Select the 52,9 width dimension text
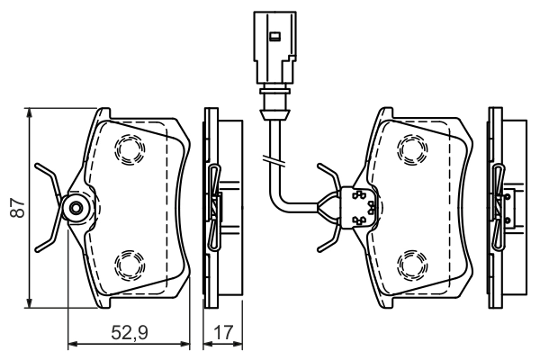point(130,334)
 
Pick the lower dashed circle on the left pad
point(128,265)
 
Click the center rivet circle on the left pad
point(76,209)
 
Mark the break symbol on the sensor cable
point(274,159)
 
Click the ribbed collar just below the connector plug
point(274,99)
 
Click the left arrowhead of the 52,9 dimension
point(73,345)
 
